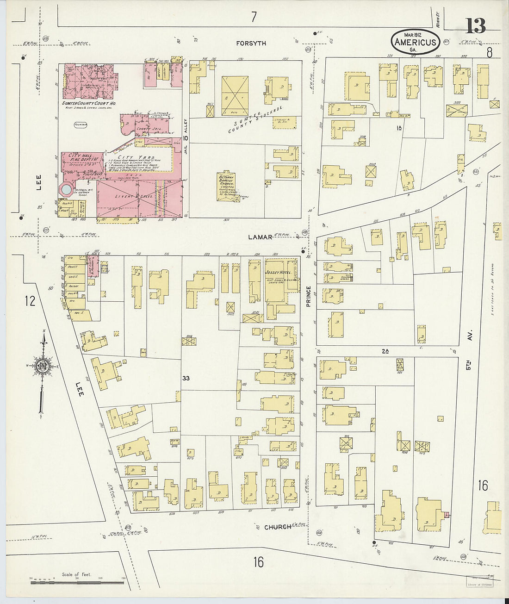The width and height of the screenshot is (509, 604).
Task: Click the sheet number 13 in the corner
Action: click(475, 26)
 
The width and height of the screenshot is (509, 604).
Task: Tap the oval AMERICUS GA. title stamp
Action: click(415, 42)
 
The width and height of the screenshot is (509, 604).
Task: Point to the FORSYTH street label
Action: click(251, 44)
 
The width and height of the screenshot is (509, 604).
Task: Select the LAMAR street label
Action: click(260, 237)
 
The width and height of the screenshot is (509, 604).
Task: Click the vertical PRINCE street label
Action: click(309, 296)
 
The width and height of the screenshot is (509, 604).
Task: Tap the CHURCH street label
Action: click(278, 527)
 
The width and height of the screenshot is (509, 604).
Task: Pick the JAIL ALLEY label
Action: click(185, 139)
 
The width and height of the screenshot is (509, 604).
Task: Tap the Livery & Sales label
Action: click(127, 196)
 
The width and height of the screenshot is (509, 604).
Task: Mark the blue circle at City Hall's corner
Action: click(67, 190)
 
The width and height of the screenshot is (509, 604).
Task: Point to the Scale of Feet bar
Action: click(77, 582)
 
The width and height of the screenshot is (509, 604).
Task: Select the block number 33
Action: click(186, 378)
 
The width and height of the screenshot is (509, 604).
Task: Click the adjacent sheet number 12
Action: click(30, 301)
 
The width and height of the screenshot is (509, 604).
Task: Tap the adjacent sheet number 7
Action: click(254, 18)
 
